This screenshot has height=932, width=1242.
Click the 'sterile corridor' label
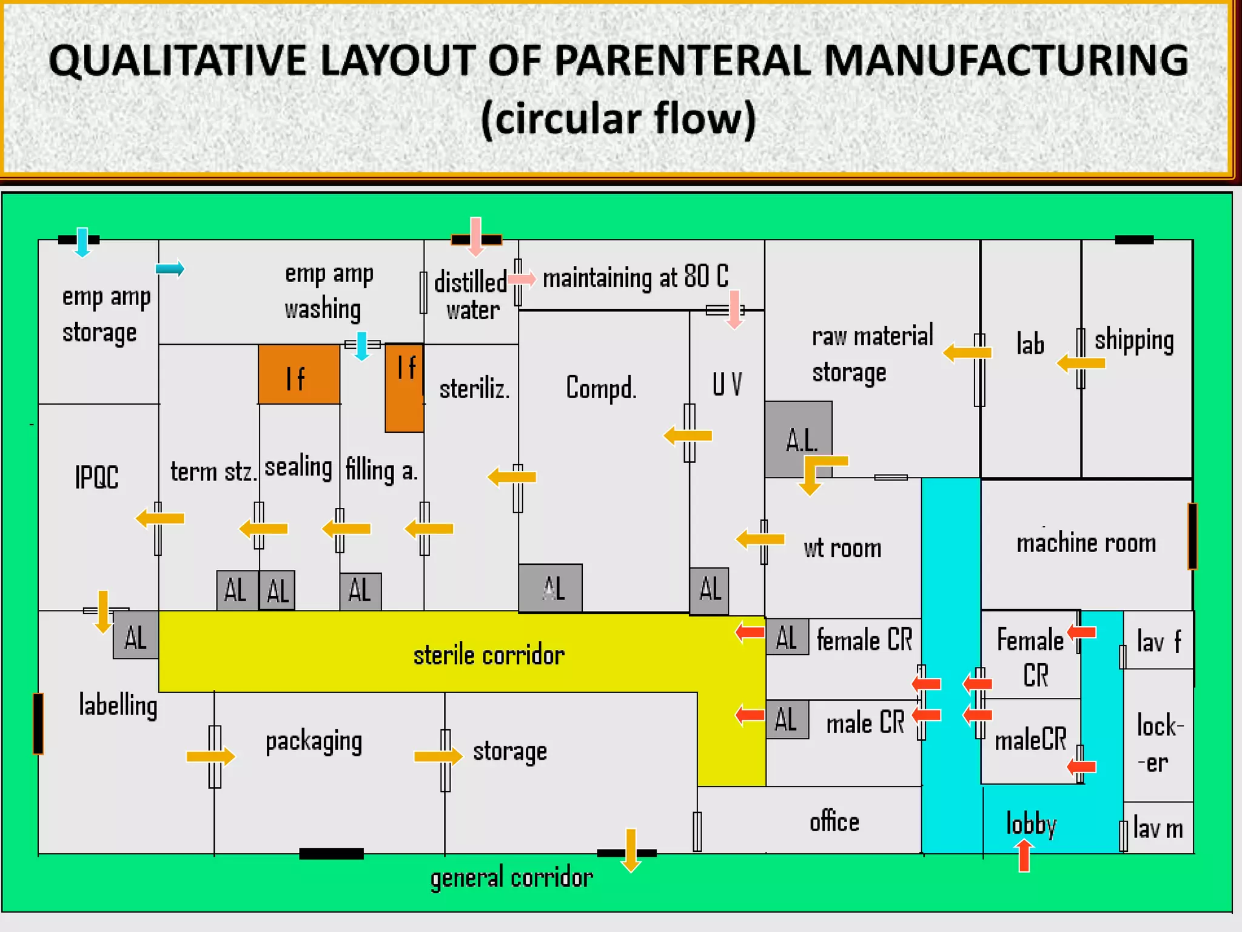(x=489, y=655)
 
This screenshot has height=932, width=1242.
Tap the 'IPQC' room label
(x=96, y=477)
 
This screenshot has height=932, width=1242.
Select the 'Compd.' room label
(x=601, y=388)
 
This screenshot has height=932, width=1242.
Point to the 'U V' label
(x=727, y=384)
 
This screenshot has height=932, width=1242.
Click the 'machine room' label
(x=1086, y=543)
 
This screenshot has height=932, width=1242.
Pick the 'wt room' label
(x=842, y=549)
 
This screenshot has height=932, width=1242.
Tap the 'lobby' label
(x=1031, y=824)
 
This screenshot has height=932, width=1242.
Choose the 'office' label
(x=834, y=822)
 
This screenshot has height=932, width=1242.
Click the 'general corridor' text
(x=511, y=878)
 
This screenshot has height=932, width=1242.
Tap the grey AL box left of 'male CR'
(x=787, y=720)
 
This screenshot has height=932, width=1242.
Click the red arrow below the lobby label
(x=1024, y=856)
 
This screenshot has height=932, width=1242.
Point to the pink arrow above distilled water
(x=476, y=236)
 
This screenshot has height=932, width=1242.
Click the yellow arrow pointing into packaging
(x=210, y=756)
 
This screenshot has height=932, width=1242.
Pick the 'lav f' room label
(x=1158, y=641)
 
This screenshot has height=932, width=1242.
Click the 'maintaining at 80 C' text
(x=635, y=277)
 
